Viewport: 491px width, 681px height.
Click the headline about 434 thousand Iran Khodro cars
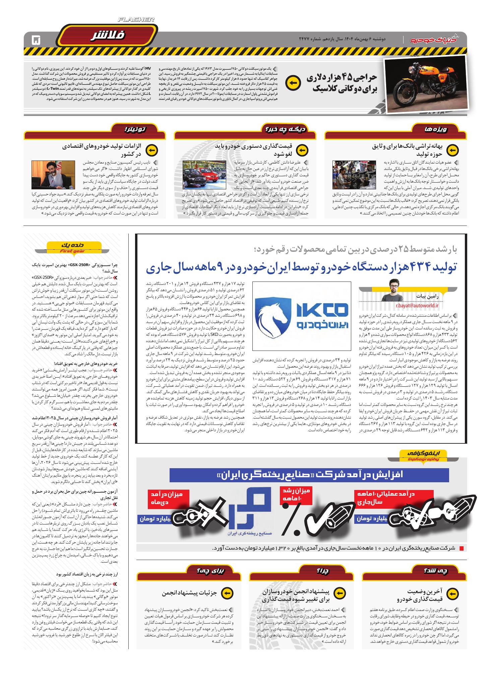(x=301, y=268)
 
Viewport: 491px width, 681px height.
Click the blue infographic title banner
(x=309, y=475)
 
